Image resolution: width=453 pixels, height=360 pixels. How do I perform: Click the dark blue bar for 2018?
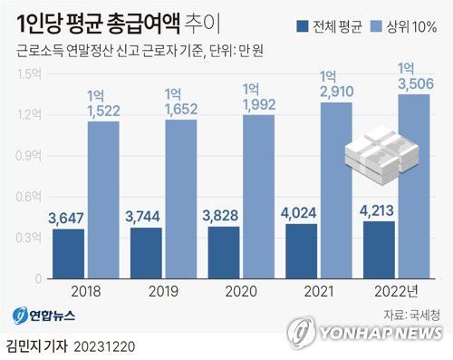pyautogui.click(x=68, y=256)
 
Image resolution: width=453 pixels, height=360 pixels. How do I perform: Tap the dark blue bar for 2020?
pyautogui.click(x=224, y=255)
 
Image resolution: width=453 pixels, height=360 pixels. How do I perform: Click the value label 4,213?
pyautogui.click(x=380, y=209)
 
